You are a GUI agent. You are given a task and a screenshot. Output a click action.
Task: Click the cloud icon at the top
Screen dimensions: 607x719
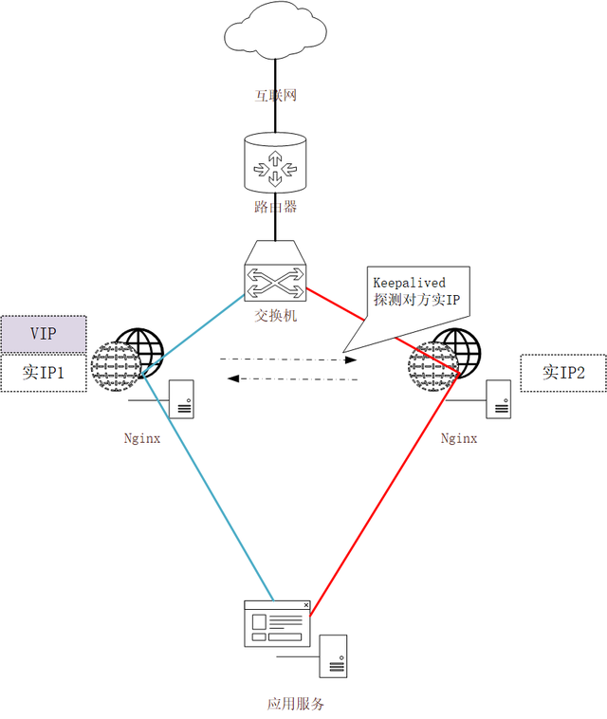(x=275, y=31)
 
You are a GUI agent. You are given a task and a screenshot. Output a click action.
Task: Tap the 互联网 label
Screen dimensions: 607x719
(x=276, y=96)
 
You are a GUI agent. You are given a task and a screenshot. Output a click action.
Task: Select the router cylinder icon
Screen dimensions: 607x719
(x=275, y=163)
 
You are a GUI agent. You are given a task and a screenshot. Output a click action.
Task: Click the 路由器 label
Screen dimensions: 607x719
(x=276, y=207)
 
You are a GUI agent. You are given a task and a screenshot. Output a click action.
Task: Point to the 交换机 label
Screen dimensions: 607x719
(x=276, y=316)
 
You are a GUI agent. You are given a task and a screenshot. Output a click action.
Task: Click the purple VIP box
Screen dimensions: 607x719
(x=44, y=334)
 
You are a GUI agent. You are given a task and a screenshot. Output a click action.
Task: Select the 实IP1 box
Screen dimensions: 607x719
(x=44, y=373)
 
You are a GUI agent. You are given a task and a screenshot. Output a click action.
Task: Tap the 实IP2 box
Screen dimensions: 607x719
(x=563, y=373)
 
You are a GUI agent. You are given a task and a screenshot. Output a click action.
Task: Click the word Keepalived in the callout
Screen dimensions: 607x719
(x=409, y=283)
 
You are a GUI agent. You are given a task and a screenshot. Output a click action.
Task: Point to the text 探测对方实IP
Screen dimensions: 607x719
(x=416, y=300)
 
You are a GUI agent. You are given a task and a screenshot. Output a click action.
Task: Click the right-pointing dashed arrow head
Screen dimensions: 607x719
(x=351, y=359)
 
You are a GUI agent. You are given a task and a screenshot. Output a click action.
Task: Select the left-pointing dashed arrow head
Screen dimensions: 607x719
(x=233, y=378)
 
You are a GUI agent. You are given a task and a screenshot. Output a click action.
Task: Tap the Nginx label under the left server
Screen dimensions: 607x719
(x=142, y=439)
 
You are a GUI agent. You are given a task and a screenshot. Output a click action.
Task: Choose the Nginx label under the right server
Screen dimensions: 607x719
(x=459, y=439)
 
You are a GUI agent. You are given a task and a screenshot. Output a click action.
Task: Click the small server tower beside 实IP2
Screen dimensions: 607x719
(x=498, y=399)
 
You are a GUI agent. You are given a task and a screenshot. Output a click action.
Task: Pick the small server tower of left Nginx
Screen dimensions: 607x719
(x=181, y=399)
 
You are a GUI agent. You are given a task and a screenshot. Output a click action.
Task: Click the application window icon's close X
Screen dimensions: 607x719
(x=305, y=605)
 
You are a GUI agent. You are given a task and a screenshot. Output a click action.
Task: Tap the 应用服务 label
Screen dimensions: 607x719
(x=296, y=704)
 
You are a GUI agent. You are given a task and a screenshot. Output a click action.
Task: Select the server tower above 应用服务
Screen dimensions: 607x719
(x=333, y=656)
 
